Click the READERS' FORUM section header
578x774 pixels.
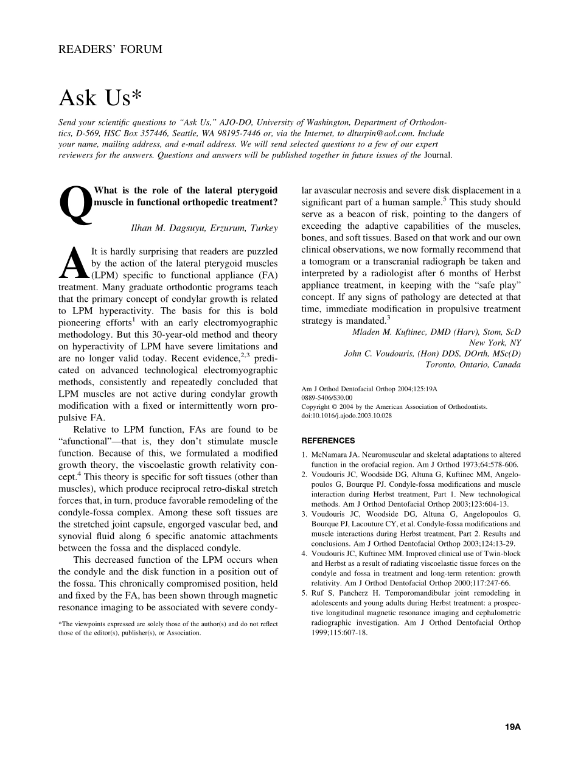110,49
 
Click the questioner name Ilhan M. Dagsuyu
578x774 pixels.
168,228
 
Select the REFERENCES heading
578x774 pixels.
328,441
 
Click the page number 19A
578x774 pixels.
513,727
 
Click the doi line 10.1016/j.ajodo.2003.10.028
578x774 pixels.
347,416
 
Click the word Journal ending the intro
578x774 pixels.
437,155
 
